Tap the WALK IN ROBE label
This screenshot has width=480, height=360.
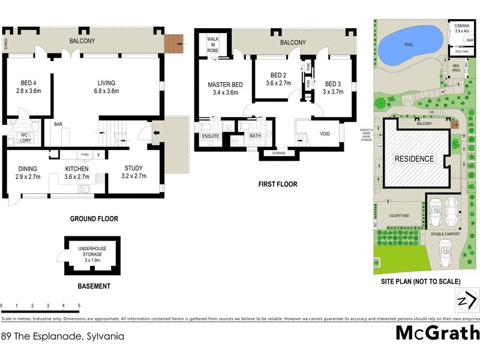(x=213, y=44)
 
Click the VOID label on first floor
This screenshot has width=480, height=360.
(x=325, y=134)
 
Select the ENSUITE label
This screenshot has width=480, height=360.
(x=211, y=136)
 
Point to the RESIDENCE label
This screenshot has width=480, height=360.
(x=413, y=159)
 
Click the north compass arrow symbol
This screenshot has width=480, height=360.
(x=467, y=299)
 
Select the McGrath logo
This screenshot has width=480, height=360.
(x=437, y=333)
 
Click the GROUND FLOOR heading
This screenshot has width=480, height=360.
(x=94, y=219)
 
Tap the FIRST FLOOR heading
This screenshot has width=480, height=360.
(x=277, y=184)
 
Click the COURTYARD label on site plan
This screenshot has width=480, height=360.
(x=398, y=215)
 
